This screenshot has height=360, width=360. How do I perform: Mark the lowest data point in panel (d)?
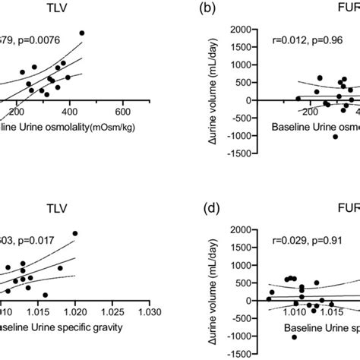point(295,336)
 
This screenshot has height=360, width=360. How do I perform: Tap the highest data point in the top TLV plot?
point(82,33)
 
